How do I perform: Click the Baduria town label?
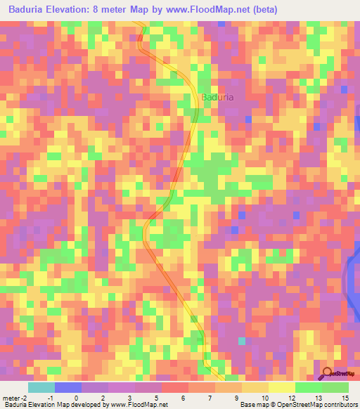click(217, 98)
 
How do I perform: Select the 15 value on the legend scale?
click(345, 397)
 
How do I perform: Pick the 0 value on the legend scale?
click(76, 397)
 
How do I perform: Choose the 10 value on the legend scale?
click(264, 397)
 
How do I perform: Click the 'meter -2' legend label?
click(14, 397)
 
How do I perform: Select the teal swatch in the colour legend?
click(41, 387)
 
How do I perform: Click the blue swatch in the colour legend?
click(67, 387)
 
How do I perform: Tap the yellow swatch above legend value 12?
click(281, 387)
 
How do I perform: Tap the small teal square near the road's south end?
click(243, 341)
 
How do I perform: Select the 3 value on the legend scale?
click(130, 397)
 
